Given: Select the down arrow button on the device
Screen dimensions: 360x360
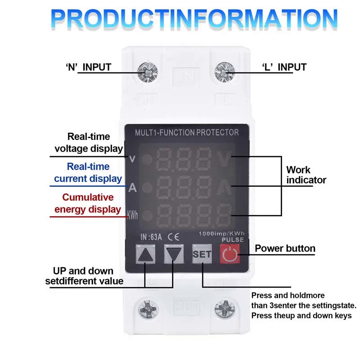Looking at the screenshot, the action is (174, 255).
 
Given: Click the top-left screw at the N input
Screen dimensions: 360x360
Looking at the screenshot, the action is (147, 71).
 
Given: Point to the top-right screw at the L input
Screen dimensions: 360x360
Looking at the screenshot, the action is (224, 71).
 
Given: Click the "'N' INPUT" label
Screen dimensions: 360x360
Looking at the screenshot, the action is (88, 67).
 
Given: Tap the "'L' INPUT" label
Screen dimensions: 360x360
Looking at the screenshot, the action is (284, 67).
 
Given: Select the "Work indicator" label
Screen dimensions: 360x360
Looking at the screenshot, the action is (306, 175).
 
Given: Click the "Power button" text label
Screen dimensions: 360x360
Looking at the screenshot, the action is (285, 248).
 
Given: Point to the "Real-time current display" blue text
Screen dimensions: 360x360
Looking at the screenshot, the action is (88, 173).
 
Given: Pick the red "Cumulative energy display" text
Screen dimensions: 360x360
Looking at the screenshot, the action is (88, 203).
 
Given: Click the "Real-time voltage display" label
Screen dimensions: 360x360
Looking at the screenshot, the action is (89, 142).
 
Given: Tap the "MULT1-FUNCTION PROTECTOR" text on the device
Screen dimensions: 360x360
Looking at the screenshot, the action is (187, 132).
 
